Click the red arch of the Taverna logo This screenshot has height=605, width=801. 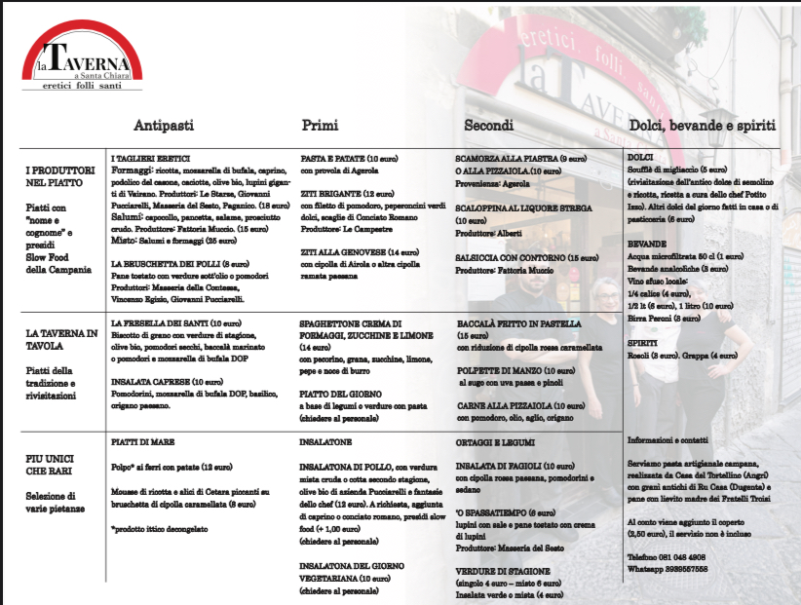pyautogui.click(x=83, y=34)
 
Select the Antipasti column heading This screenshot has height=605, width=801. pyautogui.click(x=164, y=126)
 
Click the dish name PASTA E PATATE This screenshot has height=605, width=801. pyautogui.click(x=334, y=158)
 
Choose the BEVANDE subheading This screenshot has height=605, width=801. pyautogui.click(x=648, y=243)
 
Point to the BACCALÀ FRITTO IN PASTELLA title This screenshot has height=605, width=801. pyautogui.click(x=518, y=323)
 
